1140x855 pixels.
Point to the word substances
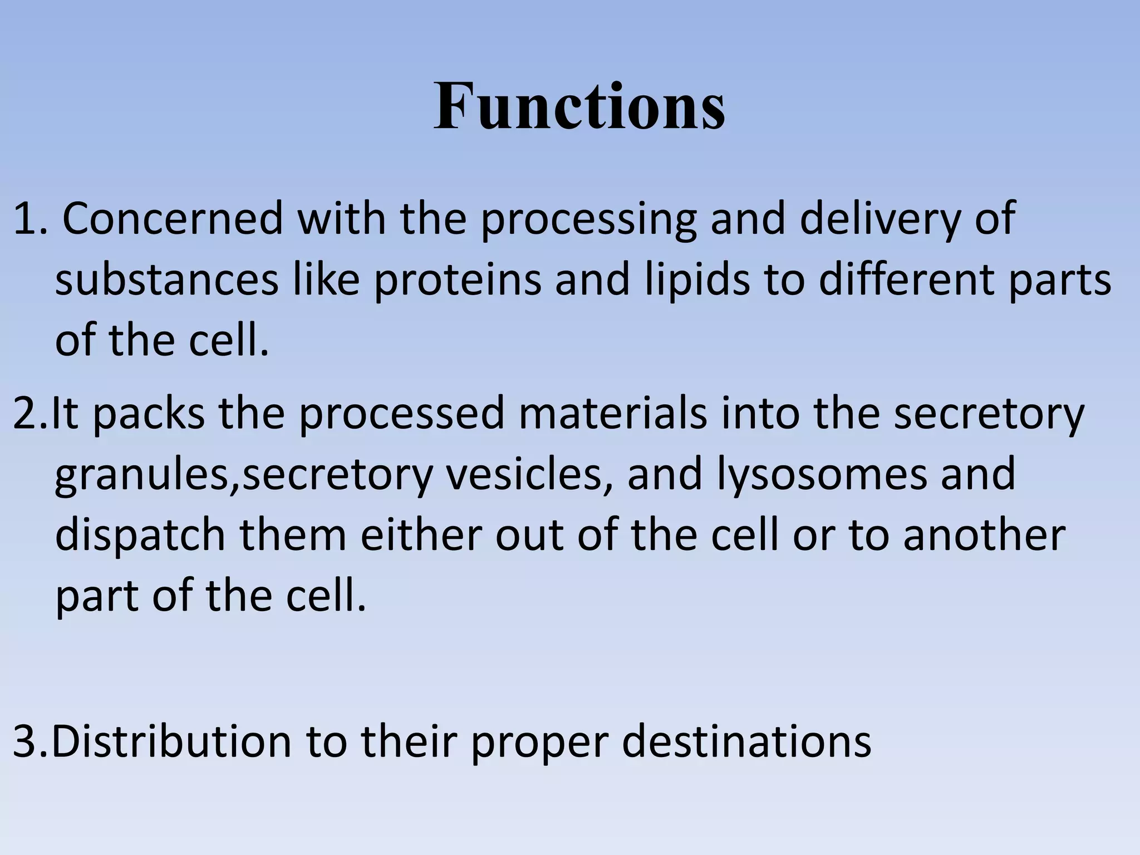(x=167, y=280)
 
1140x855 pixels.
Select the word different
(x=906, y=280)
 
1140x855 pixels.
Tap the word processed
(x=401, y=415)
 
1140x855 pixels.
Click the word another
(x=984, y=535)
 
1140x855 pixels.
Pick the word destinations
(x=746, y=742)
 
